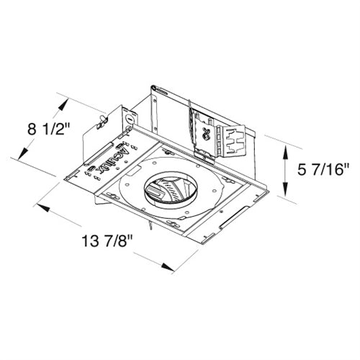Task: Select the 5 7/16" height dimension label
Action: click(x=323, y=171)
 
